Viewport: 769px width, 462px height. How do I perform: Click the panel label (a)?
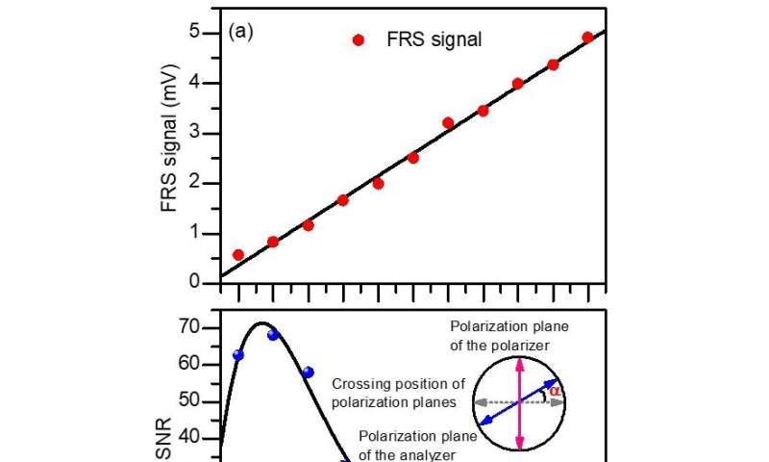(239, 32)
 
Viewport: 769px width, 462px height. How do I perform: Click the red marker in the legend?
(359, 40)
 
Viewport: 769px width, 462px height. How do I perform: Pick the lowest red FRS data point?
(238, 255)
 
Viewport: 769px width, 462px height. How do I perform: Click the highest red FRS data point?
(587, 38)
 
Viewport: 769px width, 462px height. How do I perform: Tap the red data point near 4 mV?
(517, 84)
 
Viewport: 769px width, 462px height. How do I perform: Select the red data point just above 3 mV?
(448, 122)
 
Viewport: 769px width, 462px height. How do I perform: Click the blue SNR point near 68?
(273, 335)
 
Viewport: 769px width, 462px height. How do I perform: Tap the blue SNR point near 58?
(308, 372)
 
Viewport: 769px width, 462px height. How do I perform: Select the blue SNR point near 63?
(238, 355)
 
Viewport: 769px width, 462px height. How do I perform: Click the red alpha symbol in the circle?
(555, 391)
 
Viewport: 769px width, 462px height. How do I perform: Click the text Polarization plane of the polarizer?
(520, 332)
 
